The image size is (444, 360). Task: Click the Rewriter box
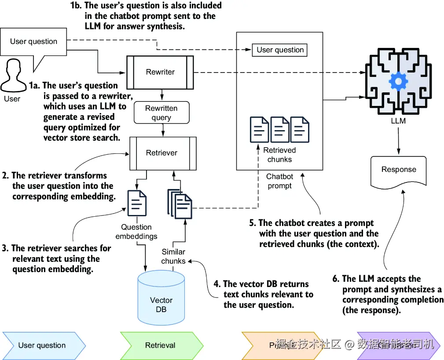coord(160,72)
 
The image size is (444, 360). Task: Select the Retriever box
coord(162,153)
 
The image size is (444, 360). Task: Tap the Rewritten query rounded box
coord(161,113)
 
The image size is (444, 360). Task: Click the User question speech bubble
coord(34,42)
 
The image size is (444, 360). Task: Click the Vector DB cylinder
coord(161,299)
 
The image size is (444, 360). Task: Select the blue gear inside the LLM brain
coord(399,81)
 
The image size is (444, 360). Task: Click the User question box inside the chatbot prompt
coord(280,50)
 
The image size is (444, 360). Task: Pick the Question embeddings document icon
coord(137,203)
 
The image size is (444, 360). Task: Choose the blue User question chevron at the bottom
coord(42,345)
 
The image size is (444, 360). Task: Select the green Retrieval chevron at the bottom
coord(161,345)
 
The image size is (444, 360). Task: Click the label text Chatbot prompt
coord(280,181)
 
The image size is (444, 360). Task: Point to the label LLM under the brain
coord(398,120)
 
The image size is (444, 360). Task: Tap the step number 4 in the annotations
coord(216,284)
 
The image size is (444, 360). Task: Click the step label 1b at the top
coord(75,6)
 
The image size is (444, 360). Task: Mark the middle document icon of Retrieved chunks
coord(280,129)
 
